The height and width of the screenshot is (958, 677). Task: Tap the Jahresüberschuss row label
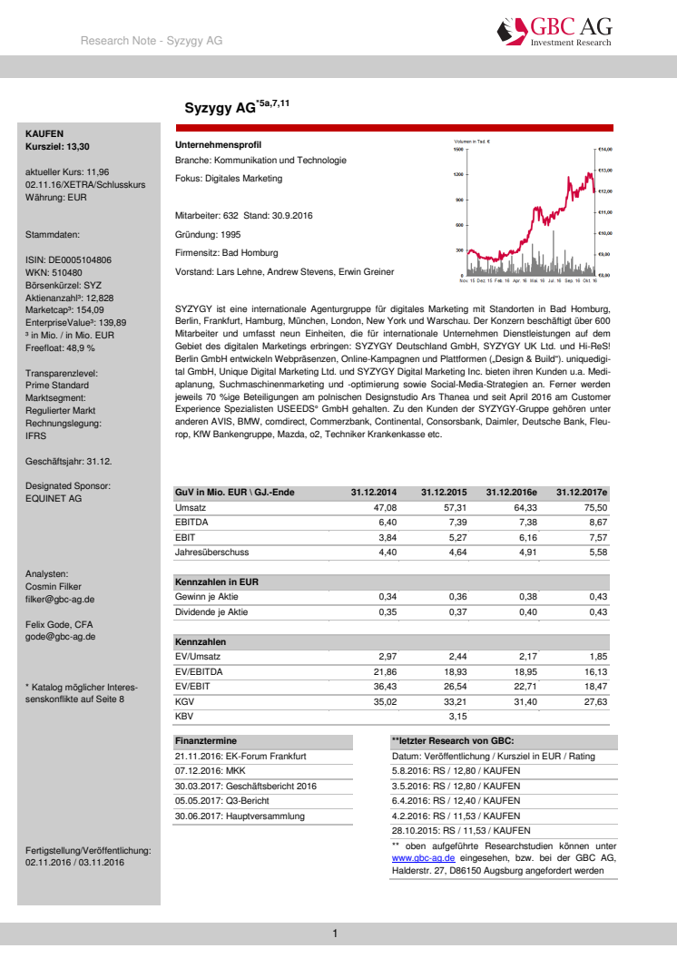pos(211,552)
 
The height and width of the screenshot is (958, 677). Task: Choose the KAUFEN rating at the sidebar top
pos(44,133)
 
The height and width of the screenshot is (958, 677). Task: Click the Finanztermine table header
pos(206,741)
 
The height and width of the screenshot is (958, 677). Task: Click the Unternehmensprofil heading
pos(218,145)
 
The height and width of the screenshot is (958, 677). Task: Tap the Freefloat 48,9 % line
pos(61,347)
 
